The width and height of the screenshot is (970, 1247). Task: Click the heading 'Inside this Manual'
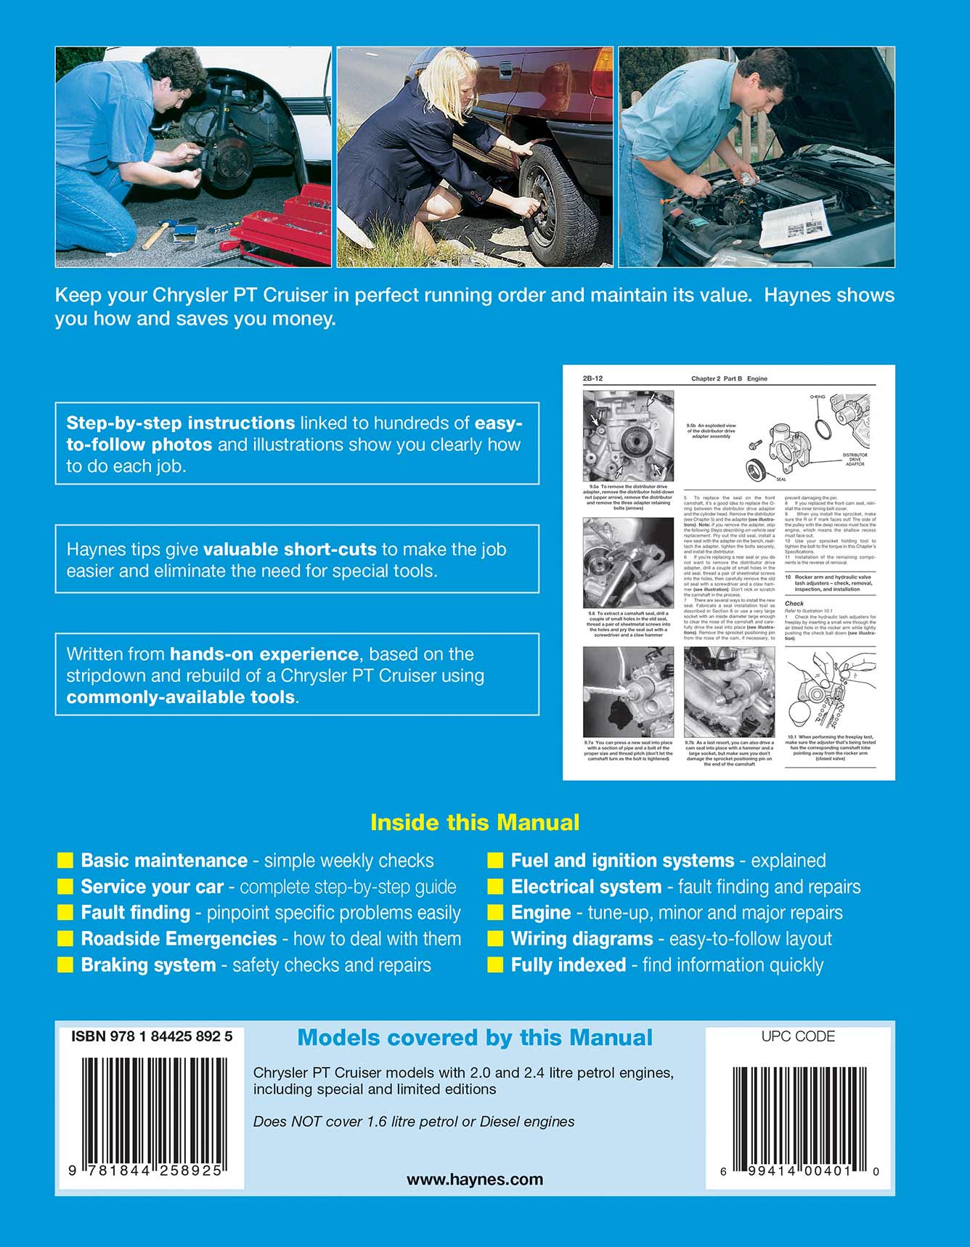pos(475,822)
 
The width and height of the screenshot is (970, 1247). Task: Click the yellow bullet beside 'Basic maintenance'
pos(65,861)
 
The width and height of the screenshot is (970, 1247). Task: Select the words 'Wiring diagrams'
pos(582,938)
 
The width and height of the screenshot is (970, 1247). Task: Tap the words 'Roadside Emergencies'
pos(179,938)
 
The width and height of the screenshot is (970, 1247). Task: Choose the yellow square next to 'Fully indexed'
pos(495,964)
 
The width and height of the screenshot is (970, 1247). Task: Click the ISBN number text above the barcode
pos(151,1036)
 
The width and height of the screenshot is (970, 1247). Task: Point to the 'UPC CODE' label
pos(797,1036)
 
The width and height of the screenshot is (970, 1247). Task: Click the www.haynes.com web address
pos(475,1179)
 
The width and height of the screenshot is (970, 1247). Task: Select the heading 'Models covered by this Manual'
pos(475,1037)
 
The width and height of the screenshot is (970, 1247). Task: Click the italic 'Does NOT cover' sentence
pos(414,1121)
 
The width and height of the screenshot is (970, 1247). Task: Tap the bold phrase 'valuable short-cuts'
pos(290,549)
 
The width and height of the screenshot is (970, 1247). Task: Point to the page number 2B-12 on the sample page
pos(592,378)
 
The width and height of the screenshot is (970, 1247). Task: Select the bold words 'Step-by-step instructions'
pos(180,423)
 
